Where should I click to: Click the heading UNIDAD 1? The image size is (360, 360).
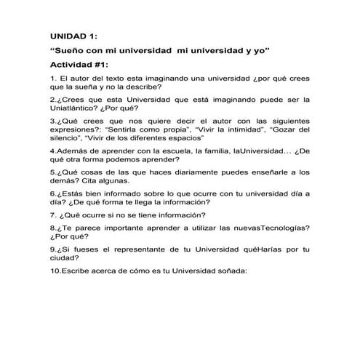click(77, 35)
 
